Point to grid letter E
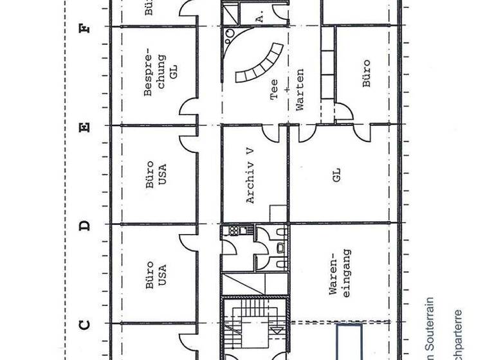point(84,126)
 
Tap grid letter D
point(84,225)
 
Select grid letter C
point(84,324)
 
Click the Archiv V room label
point(251,176)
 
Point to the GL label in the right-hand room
point(336,174)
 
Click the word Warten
point(300,89)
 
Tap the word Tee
point(274,94)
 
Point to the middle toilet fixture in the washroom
point(280,247)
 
